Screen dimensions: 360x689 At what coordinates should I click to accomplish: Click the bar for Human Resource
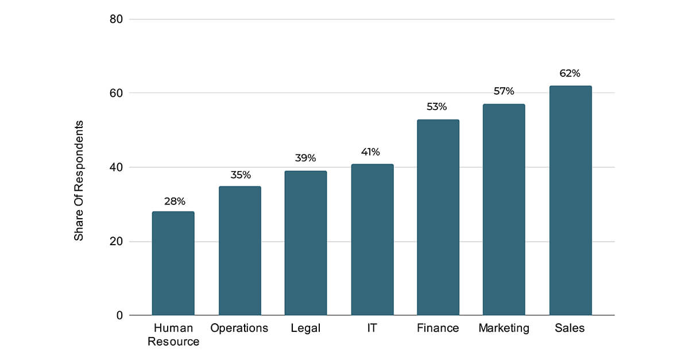coord(173,264)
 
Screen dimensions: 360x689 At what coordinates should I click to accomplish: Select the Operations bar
coord(239,251)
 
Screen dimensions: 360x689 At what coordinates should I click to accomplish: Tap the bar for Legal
coord(305,243)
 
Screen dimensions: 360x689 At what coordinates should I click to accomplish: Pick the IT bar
coord(372,239)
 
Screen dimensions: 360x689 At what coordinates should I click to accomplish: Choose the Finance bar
coord(438,218)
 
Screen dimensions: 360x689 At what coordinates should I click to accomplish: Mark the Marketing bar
coord(504,210)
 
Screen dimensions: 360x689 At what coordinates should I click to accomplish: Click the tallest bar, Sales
coord(570,201)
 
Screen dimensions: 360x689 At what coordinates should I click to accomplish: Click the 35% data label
coord(239,176)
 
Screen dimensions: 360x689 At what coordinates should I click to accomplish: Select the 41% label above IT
coord(370,152)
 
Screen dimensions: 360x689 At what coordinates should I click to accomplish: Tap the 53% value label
coord(437,107)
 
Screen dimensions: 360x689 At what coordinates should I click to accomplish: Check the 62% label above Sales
coord(570,73)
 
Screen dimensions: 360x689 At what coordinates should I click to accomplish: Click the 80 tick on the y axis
coord(116,20)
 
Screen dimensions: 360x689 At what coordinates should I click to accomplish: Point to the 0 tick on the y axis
coord(119,315)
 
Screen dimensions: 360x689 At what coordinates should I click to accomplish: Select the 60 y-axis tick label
coord(116,93)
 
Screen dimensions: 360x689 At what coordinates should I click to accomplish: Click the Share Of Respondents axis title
coord(79,181)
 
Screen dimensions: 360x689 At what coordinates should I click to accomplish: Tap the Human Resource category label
coord(173,335)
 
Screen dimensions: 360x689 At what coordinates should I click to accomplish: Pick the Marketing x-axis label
coord(504,328)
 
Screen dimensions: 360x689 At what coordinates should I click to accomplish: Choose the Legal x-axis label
coord(305,328)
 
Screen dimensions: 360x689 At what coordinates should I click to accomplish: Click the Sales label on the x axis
coord(570,328)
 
